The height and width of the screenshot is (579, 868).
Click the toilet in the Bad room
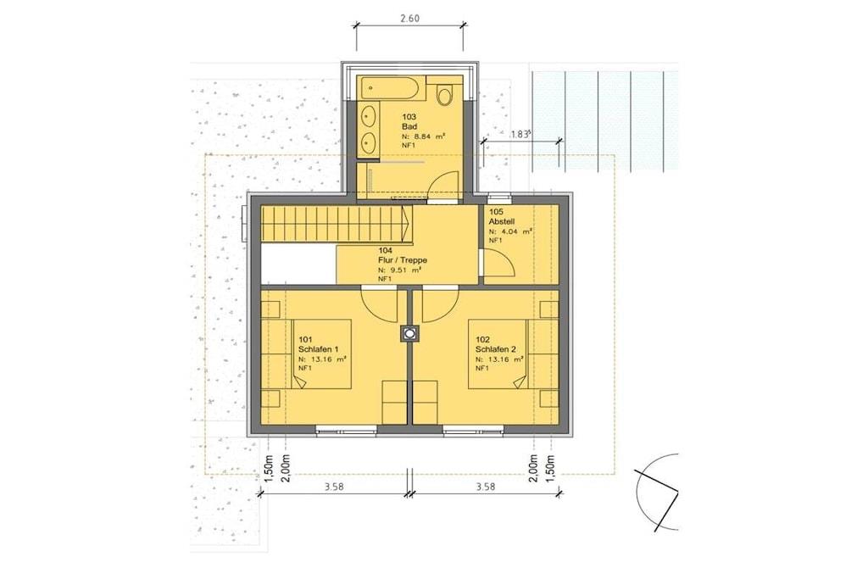pyautogui.click(x=444, y=94)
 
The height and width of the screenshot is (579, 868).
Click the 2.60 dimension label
pyautogui.click(x=409, y=18)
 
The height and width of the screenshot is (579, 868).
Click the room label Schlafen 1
pyautogui.click(x=319, y=349)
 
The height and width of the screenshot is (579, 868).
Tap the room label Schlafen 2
pyautogui.click(x=495, y=349)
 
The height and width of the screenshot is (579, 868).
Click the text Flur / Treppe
pyautogui.click(x=403, y=260)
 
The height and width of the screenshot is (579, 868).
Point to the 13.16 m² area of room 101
pyautogui.click(x=322, y=359)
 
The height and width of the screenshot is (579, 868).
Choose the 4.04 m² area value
pyautogui.click(x=510, y=231)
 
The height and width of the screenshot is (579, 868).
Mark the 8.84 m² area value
pyautogui.click(x=424, y=136)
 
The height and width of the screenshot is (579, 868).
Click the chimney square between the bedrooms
pyautogui.click(x=409, y=333)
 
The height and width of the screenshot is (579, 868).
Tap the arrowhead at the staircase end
pyautogui.click(x=406, y=224)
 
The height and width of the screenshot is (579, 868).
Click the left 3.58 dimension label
pyautogui.click(x=333, y=487)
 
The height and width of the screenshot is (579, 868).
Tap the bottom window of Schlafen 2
pyautogui.click(x=473, y=428)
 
